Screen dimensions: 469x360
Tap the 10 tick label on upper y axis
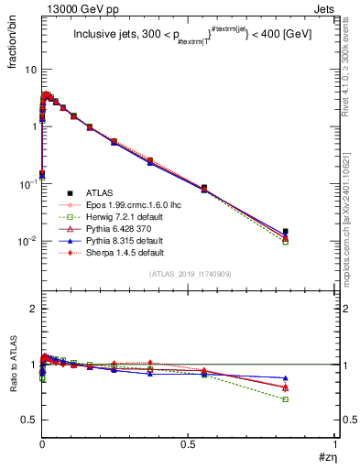pyautogui.click(x=30, y=70)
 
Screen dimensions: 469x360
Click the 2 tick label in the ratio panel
pyautogui.click(x=33, y=309)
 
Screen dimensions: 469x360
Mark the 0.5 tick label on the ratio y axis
pyautogui.click(x=28, y=420)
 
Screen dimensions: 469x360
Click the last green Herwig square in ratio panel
pyautogui.click(x=286, y=399)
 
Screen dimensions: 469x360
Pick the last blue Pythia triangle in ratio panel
pyautogui.click(x=286, y=377)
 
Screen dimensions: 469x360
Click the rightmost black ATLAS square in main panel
pyautogui.click(x=286, y=232)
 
